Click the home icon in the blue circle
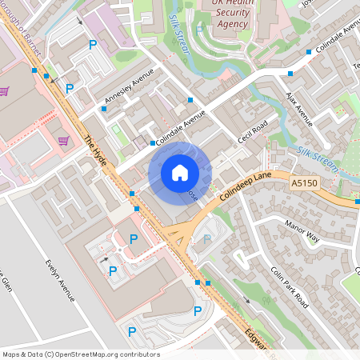click(x=180, y=173)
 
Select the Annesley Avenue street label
click(x=128, y=94)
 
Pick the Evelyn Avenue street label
click(x=60, y=279)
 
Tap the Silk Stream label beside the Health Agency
click(x=181, y=37)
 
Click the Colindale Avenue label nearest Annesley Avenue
click(x=175, y=128)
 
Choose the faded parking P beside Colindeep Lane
click(x=208, y=238)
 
